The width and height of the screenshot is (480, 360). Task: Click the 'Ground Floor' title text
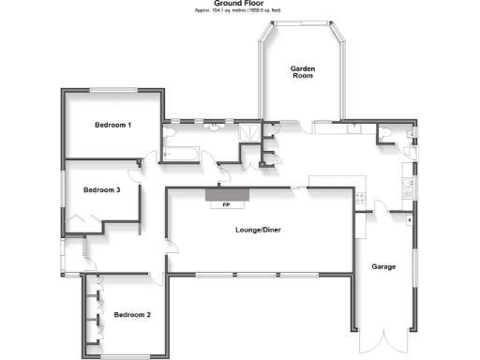240,4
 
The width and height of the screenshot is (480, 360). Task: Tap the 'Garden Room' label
302,72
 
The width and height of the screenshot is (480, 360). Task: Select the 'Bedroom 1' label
112,125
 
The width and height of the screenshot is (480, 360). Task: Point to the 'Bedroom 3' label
101,189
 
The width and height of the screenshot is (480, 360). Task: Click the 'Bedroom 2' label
132,315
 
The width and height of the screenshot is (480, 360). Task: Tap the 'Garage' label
383,266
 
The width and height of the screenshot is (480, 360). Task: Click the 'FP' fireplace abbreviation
226,204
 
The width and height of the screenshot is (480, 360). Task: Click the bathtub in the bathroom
183,152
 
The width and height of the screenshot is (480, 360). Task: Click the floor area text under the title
240,10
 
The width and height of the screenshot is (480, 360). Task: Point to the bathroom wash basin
214,127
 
